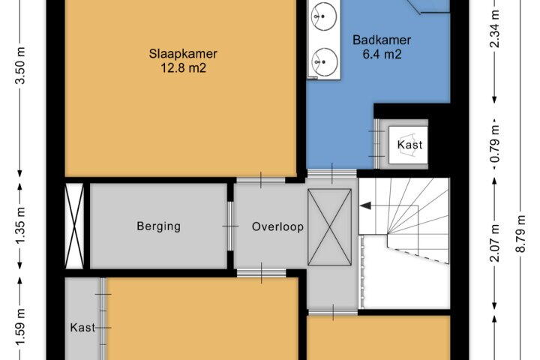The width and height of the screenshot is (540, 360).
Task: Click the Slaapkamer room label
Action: pyautogui.click(x=183, y=54)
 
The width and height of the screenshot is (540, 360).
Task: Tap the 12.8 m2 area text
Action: pyautogui.click(x=183, y=67)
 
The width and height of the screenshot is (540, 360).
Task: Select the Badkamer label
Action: pyautogui.click(x=382, y=40)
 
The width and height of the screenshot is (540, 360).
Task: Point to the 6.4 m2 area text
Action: pyautogui.click(x=382, y=55)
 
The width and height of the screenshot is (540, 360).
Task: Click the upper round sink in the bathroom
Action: pyautogui.click(x=324, y=16)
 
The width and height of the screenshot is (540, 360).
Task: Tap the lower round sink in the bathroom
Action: pyautogui.click(x=324, y=61)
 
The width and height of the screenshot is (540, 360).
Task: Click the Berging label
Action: pyautogui.click(x=158, y=226)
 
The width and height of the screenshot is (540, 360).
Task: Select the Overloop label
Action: pyautogui.click(x=277, y=226)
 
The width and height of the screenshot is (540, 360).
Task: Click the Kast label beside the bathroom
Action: pyautogui.click(x=409, y=144)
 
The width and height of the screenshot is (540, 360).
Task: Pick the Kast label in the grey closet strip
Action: pyautogui.click(x=82, y=327)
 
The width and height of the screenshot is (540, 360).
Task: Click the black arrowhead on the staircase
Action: pyautogui.click(x=365, y=206)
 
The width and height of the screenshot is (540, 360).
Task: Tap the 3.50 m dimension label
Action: pyautogui.click(x=21, y=64)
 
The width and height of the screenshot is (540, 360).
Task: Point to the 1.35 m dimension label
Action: pyautogui.click(x=21, y=225)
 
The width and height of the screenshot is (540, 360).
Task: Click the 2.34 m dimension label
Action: pyautogui.click(x=495, y=28)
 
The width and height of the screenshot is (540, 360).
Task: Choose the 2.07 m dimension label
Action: pyautogui.click(x=495, y=243)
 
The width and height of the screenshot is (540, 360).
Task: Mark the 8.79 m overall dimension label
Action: pyautogui.click(x=520, y=233)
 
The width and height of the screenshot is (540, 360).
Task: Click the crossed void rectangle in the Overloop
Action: pyautogui.click(x=329, y=227)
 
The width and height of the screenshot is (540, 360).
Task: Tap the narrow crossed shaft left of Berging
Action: pyautogui.click(x=74, y=226)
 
